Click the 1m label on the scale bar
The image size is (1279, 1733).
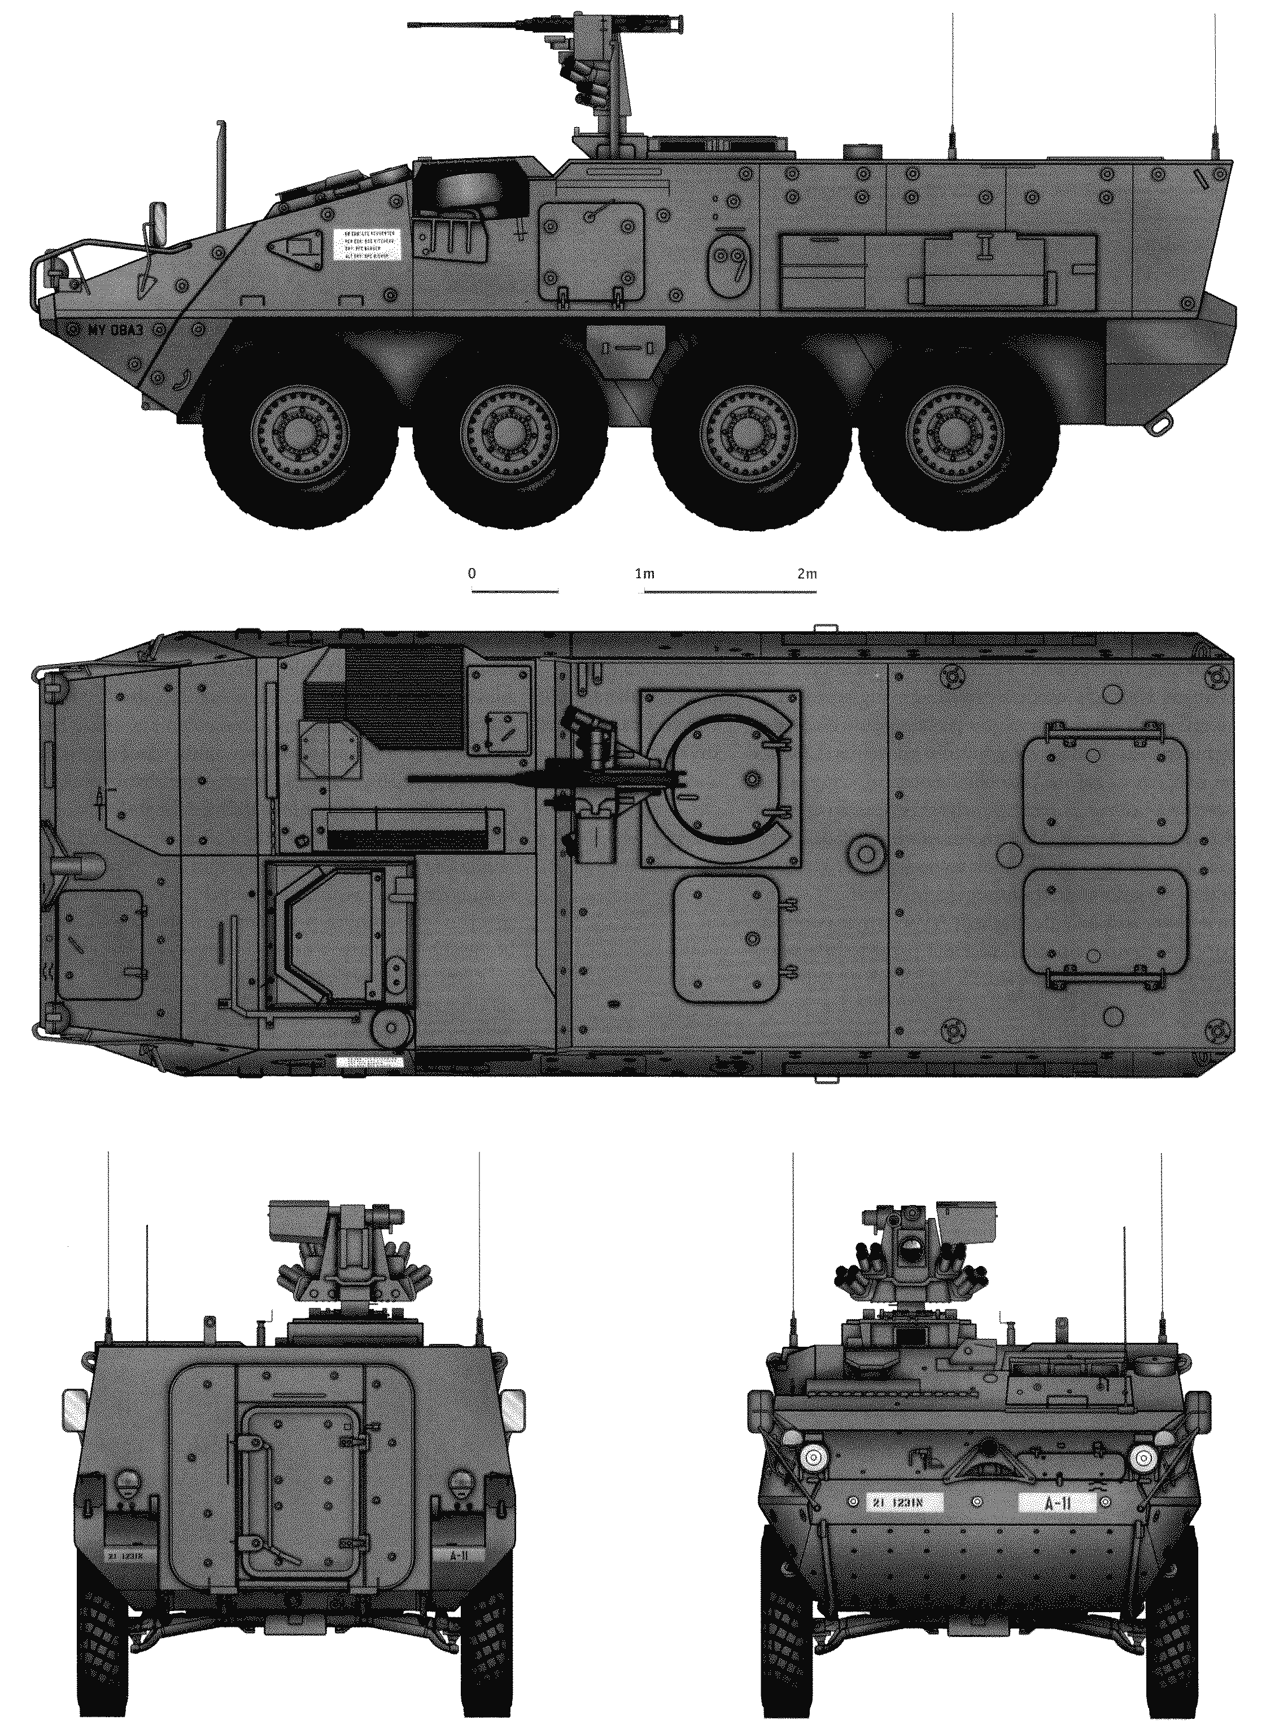tap(644, 574)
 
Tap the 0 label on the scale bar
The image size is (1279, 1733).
tap(472, 574)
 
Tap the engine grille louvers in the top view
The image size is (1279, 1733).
tap(403, 697)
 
